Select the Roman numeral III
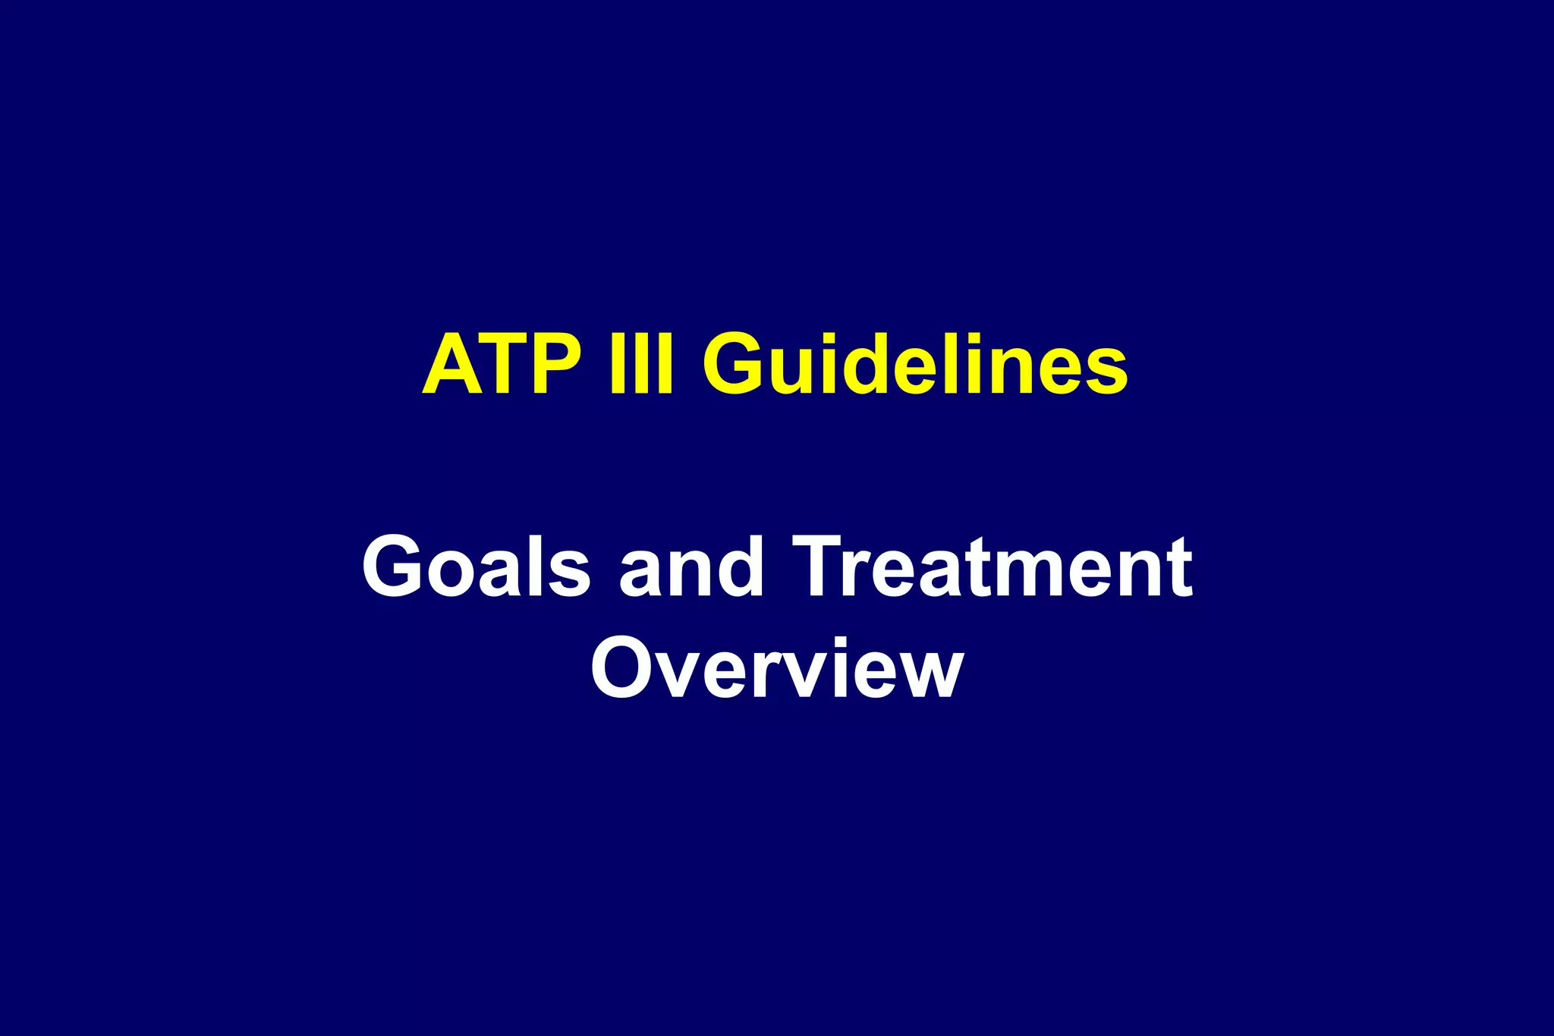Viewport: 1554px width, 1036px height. (x=641, y=366)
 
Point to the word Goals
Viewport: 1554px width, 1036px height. (x=476, y=567)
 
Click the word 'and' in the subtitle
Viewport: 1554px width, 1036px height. (x=691, y=567)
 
